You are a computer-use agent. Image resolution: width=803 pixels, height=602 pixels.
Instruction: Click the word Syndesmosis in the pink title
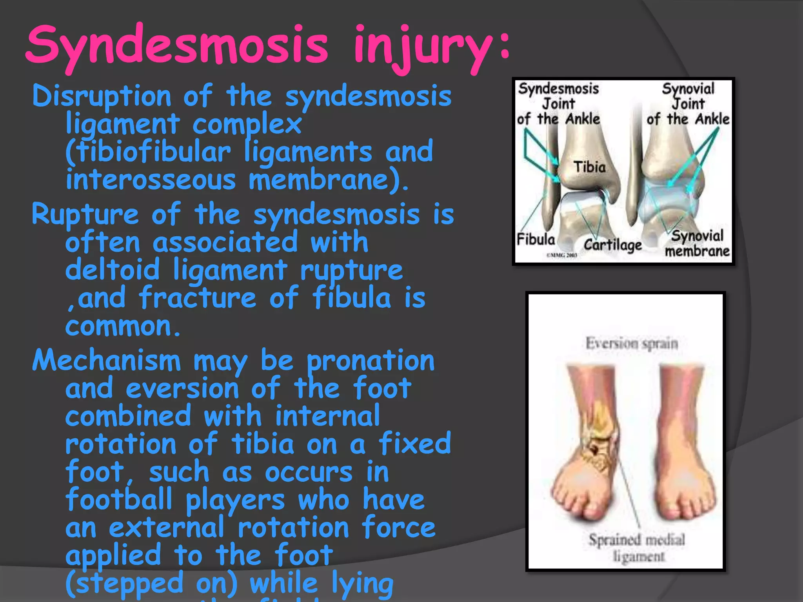(176, 45)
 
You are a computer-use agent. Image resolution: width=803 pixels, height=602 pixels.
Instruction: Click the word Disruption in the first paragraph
(102, 96)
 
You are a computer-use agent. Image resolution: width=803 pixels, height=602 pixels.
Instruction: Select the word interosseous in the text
(151, 180)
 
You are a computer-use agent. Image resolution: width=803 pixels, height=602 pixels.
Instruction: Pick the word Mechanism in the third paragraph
(106, 361)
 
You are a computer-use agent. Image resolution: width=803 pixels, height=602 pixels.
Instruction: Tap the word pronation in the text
(371, 361)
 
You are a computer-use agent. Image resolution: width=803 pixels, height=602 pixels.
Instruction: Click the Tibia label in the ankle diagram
(589, 167)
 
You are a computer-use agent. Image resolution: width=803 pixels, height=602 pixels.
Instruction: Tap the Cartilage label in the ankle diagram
(612, 245)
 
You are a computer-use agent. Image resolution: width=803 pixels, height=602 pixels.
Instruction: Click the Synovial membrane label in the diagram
(697, 243)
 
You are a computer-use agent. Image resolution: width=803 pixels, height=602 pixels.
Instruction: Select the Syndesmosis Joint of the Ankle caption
(558, 104)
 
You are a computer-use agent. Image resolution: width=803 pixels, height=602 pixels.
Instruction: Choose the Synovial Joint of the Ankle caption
(688, 104)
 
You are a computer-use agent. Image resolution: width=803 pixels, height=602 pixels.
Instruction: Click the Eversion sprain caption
(632, 344)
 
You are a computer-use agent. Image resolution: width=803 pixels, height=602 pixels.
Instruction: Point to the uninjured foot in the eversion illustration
(682, 451)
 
